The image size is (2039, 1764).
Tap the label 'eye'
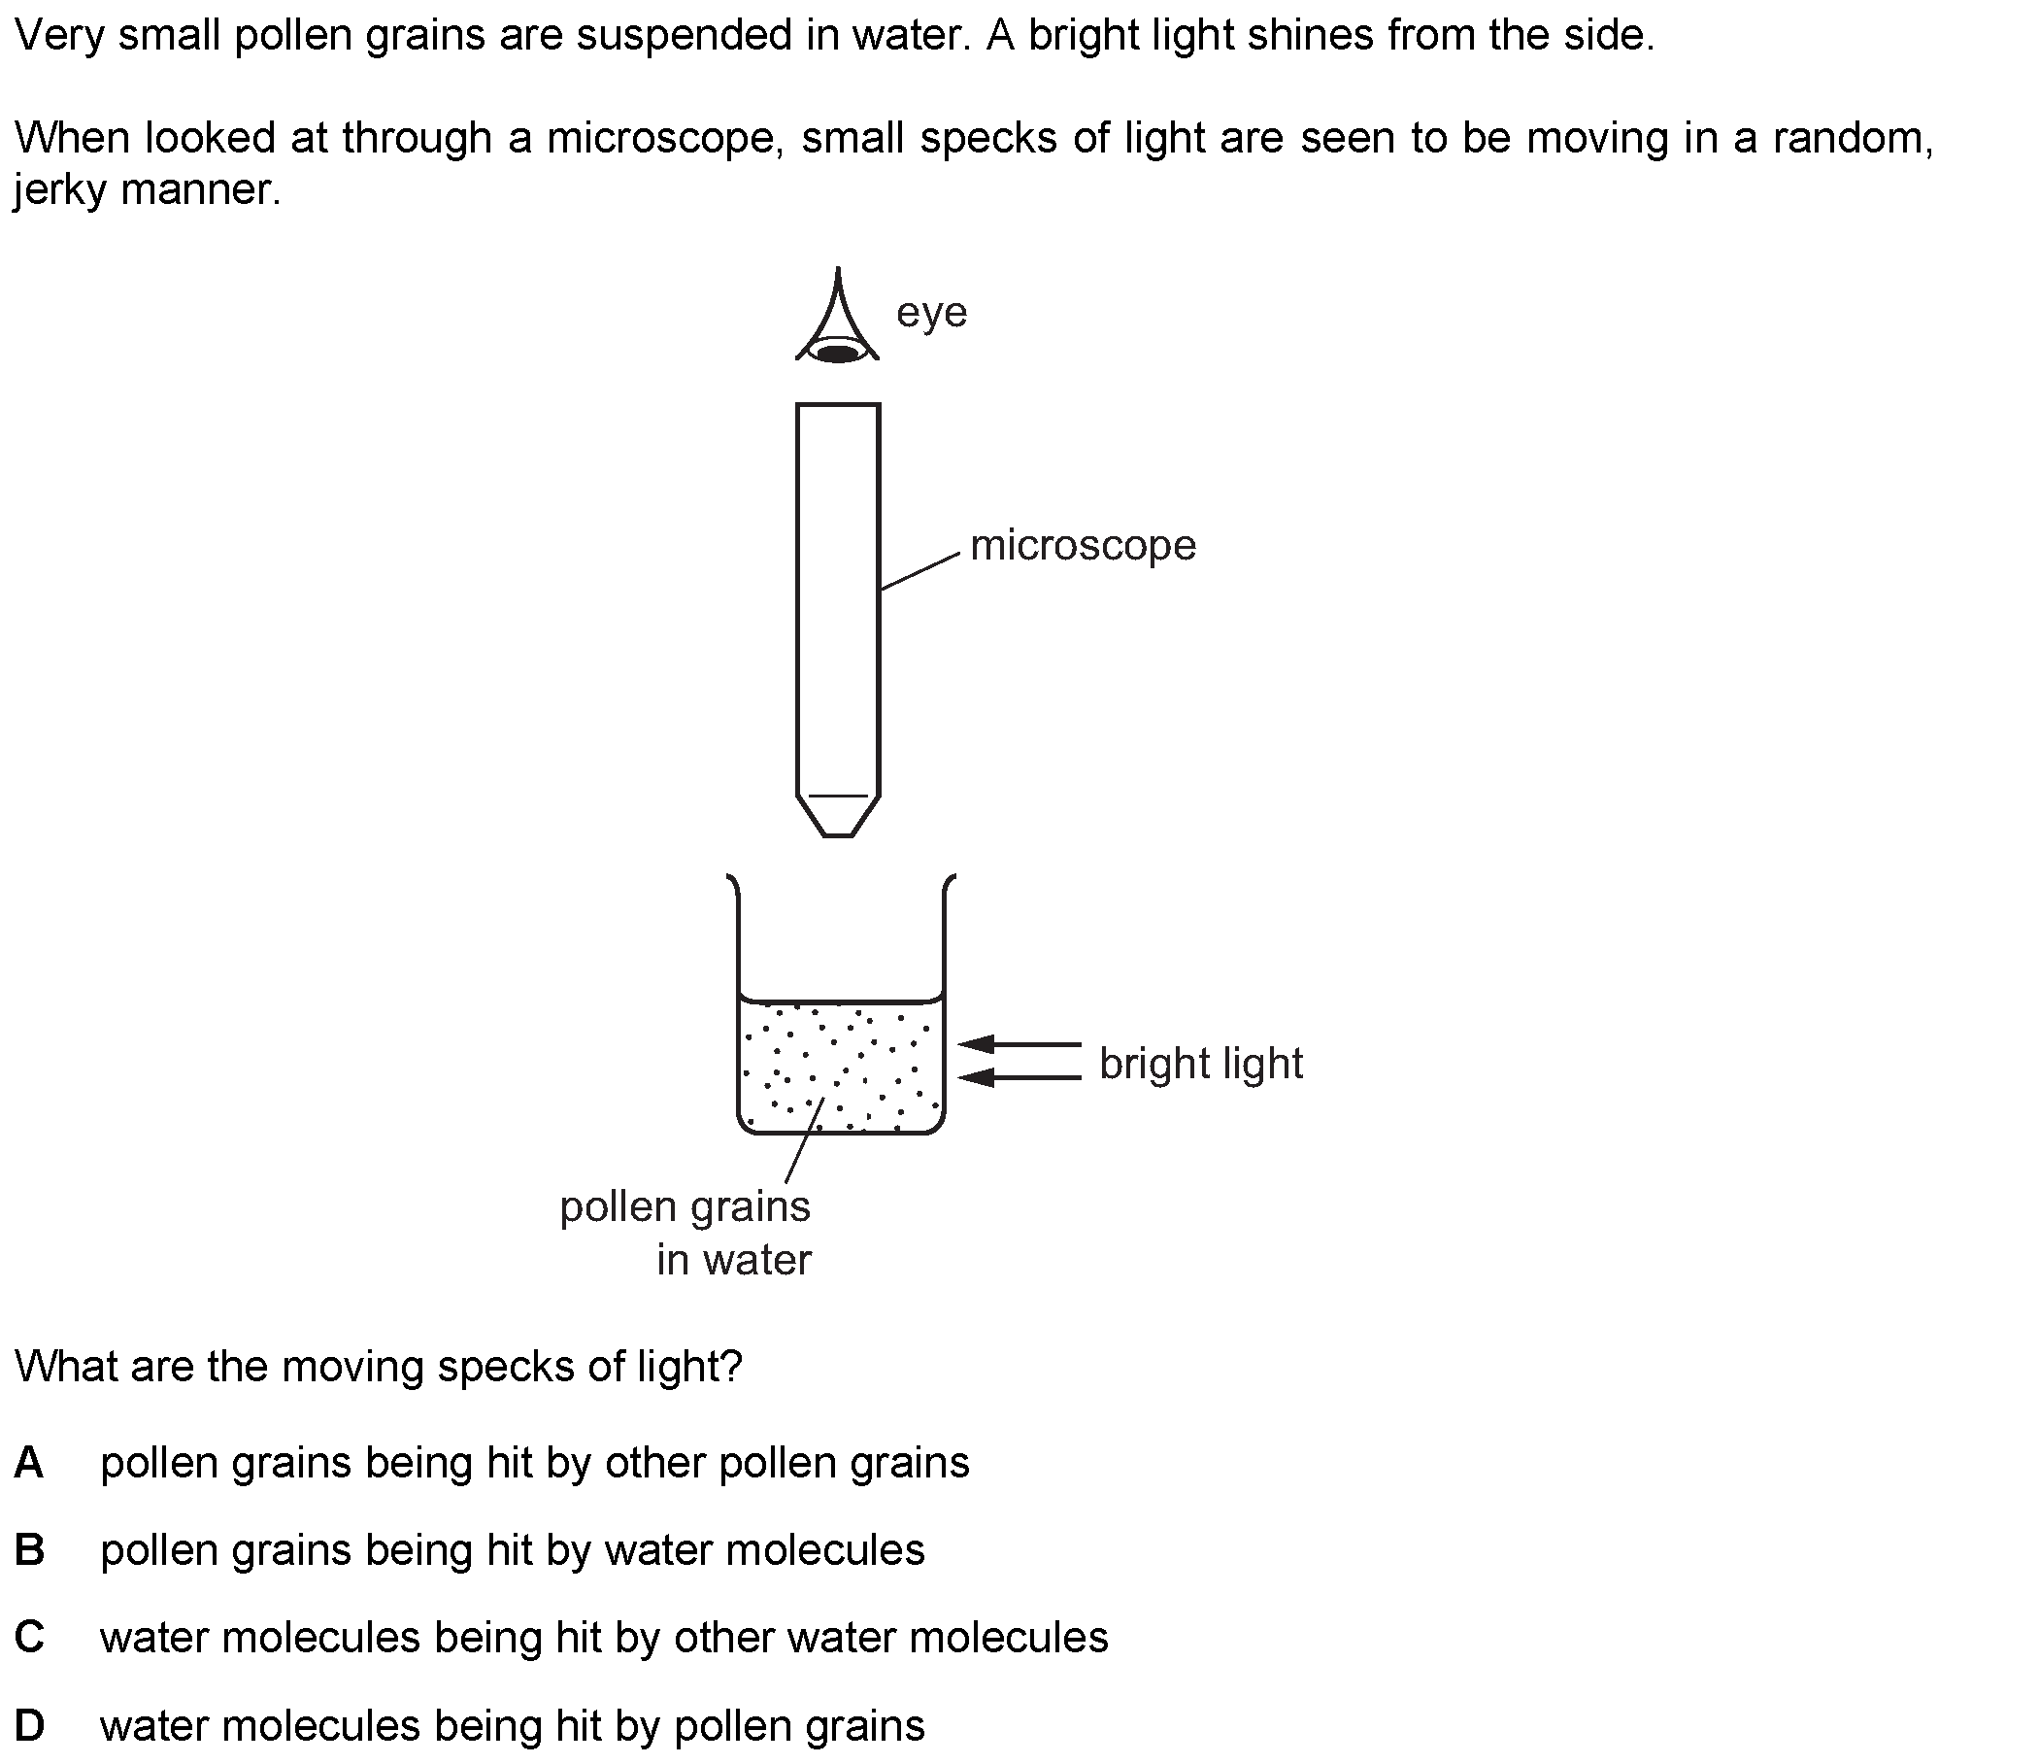pyautogui.click(x=932, y=313)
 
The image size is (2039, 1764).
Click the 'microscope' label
pyautogui.click(x=1083, y=545)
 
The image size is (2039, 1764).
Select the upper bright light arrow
pyautogui.click(x=1019, y=1043)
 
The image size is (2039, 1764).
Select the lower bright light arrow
pyautogui.click(x=1019, y=1078)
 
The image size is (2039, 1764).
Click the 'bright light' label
pyautogui.click(x=1200, y=1064)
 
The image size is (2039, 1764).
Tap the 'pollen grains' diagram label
pyautogui.click(x=685, y=1207)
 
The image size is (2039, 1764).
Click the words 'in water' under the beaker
pyautogui.click(x=734, y=1260)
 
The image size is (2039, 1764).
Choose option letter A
pyautogui.click(x=29, y=1463)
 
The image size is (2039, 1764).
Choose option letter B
pyautogui.click(x=29, y=1550)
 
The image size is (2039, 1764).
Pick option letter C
pyautogui.click(x=29, y=1638)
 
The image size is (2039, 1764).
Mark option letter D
pyautogui.click(x=29, y=1725)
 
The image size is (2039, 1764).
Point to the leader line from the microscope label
pyautogui.click(x=919, y=571)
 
